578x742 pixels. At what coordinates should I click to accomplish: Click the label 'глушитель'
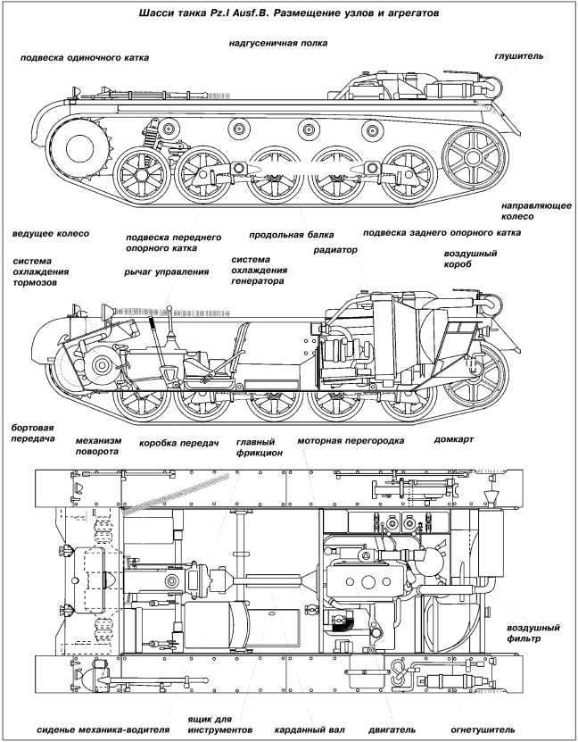[518, 55]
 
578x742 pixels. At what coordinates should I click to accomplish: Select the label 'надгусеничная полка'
[277, 42]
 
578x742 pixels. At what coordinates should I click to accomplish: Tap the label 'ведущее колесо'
[51, 233]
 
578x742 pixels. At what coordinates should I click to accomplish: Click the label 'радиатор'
[334, 251]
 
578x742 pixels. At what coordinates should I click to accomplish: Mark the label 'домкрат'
[453, 440]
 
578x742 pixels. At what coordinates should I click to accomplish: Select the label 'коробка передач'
[178, 443]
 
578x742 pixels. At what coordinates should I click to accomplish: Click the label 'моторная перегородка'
[351, 440]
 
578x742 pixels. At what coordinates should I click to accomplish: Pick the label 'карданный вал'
[310, 729]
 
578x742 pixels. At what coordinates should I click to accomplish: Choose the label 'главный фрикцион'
[260, 446]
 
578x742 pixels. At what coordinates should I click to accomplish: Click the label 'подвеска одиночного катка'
[86, 57]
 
